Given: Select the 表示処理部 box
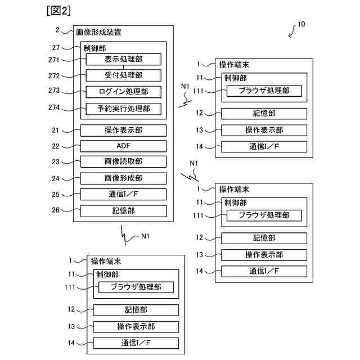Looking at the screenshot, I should point(123,59).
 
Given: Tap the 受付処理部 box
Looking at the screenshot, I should point(123,75).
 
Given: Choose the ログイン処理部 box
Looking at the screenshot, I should point(123,92).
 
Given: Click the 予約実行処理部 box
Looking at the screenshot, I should point(123,109).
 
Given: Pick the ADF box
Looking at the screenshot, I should point(123,146).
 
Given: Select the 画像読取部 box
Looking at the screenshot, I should point(123,162).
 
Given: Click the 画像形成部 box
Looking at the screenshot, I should point(123,178).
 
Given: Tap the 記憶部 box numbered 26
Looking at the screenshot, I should point(123,211).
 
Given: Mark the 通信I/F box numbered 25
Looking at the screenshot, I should point(123,195).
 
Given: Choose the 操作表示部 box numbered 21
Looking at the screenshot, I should point(123,130).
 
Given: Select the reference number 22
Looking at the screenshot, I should point(55,146).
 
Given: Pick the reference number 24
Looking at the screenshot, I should point(55,178).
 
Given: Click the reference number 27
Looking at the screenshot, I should point(55,48).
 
